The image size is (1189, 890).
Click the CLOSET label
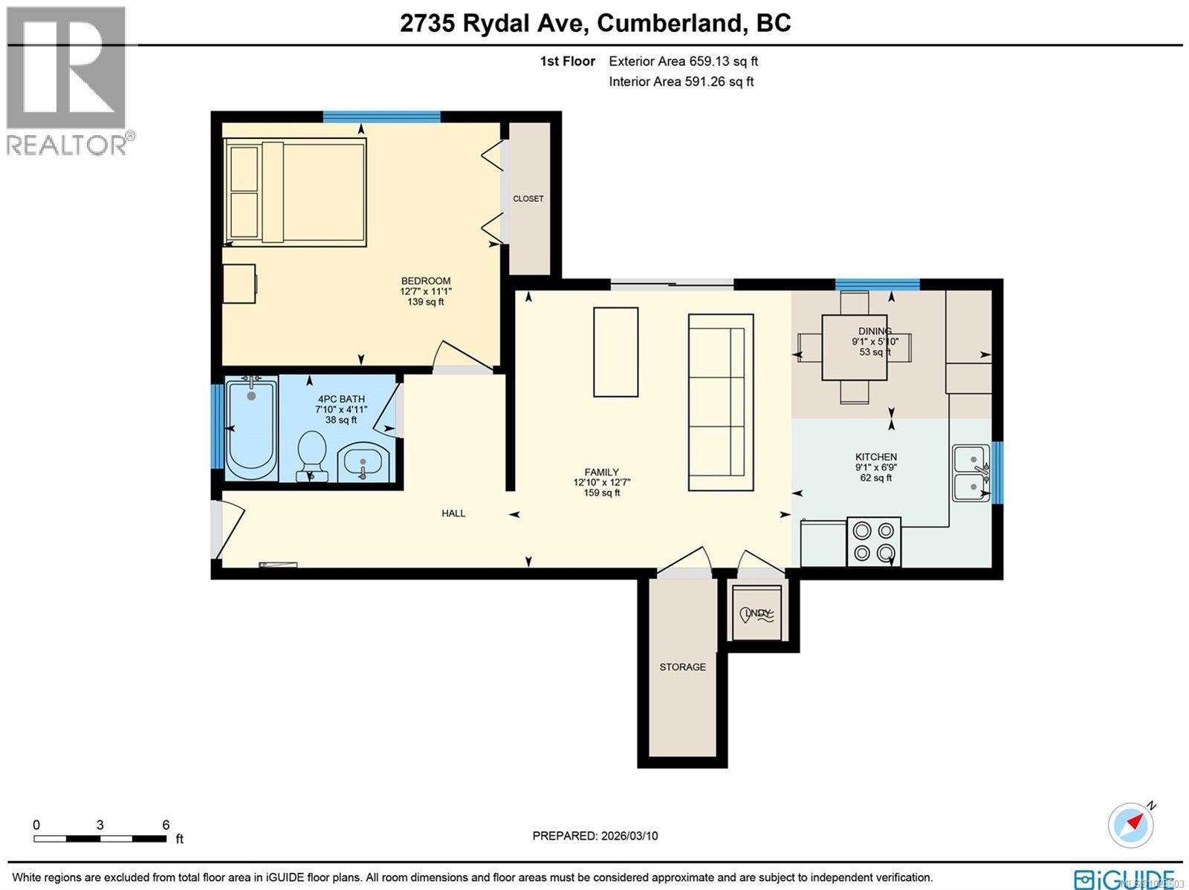click(x=528, y=198)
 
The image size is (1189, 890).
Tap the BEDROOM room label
click(x=426, y=281)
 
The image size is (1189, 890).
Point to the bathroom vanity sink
click(x=363, y=464)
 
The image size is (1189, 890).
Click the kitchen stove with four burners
click(x=874, y=542)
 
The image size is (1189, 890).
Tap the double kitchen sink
click(x=971, y=473)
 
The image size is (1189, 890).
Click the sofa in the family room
click(x=720, y=402)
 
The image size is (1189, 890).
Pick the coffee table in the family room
click(x=615, y=352)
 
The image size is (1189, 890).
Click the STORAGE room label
click(x=682, y=667)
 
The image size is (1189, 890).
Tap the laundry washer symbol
click(x=757, y=613)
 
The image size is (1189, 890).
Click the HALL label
click(x=453, y=513)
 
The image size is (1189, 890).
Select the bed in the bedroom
click(x=296, y=192)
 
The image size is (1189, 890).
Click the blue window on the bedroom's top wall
click(x=381, y=117)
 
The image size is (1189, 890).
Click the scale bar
click(x=100, y=839)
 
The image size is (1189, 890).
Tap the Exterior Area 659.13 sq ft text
click(x=683, y=62)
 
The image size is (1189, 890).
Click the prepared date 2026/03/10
click(x=594, y=836)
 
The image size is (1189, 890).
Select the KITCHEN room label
click(x=876, y=457)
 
